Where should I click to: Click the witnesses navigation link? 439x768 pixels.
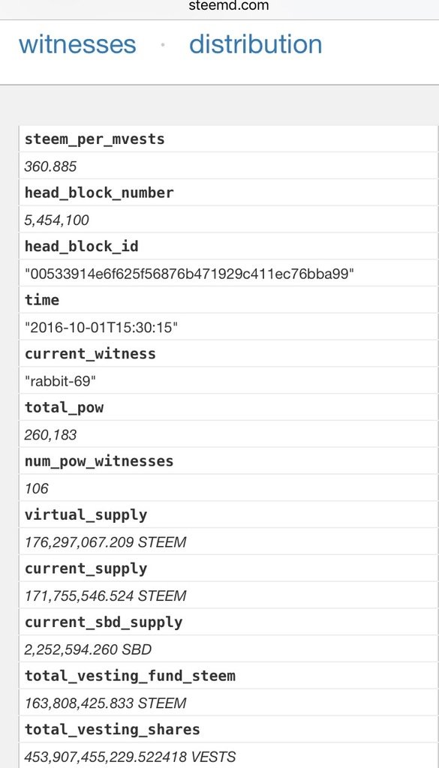pos(77,44)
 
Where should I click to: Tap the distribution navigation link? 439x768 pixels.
pos(256,44)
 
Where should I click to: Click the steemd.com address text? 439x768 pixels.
pos(229,6)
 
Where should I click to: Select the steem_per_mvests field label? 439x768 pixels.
pos(95,139)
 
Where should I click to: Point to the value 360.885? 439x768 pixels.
pos(50,166)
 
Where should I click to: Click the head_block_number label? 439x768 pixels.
pos(99,193)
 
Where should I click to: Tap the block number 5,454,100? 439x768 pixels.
pos(57,220)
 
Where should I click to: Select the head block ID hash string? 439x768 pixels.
pos(189,274)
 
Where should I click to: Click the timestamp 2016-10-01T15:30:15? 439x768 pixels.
pos(101,328)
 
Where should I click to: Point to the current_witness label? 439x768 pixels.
pos(90,354)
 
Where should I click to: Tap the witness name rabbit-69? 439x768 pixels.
pos(60,382)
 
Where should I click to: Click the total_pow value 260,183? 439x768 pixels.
pos(50,435)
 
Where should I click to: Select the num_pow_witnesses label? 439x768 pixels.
pos(99,462)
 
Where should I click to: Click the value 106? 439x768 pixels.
pos(37,488)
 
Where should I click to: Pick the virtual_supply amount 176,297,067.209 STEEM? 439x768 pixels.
pos(105,542)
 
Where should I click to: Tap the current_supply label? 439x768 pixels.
pos(86,569)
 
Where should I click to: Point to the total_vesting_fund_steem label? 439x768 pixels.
pos(130,676)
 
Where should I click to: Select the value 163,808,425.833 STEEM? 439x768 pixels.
pos(105,703)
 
